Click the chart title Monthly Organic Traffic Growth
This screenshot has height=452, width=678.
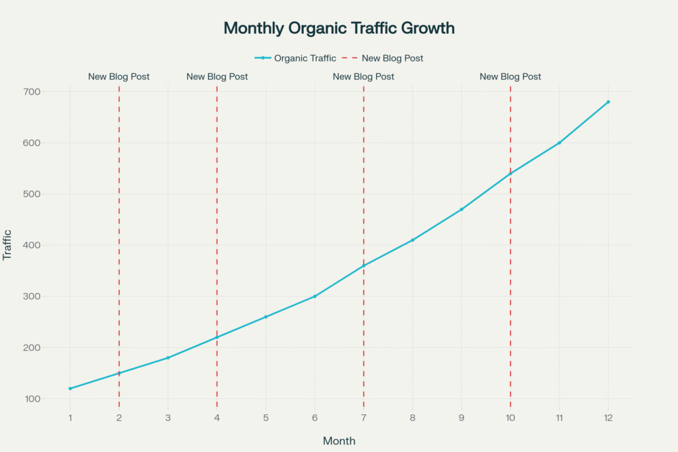tap(339, 28)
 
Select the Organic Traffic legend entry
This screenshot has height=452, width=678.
tap(295, 58)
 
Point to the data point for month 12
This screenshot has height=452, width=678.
tap(608, 102)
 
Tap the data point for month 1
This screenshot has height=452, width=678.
tap(70, 388)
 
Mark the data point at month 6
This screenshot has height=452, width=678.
tap(315, 296)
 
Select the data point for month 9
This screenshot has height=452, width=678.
tap(461, 209)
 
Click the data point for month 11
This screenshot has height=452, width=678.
tap(559, 143)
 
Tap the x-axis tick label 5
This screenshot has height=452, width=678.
tap(266, 418)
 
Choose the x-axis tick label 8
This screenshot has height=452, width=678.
tap(412, 418)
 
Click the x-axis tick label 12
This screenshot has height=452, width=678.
tap(608, 418)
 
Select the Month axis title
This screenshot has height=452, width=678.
tap(339, 441)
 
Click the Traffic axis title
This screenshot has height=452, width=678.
tap(8, 246)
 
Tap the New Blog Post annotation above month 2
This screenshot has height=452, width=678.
tap(119, 77)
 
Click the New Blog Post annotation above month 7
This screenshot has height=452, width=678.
tap(363, 77)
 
